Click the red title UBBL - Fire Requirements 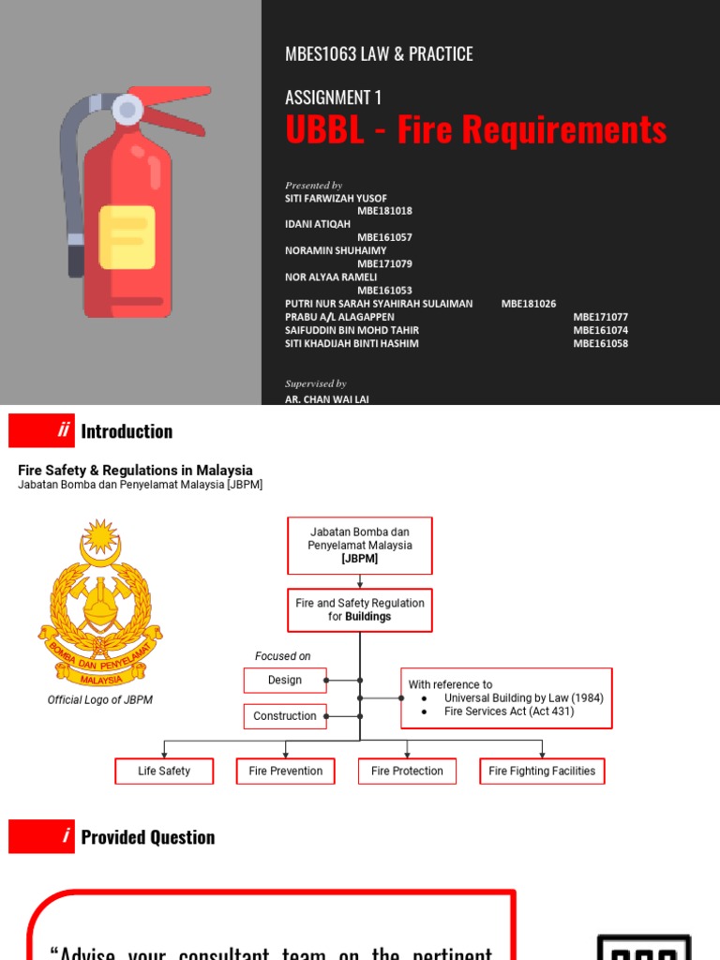click(475, 130)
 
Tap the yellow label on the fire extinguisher click(127, 237)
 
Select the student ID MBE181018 click(384, 211)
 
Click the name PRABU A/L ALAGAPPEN click(339, 317)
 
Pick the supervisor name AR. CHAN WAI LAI click(327, 398)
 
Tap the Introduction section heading click(127, 431)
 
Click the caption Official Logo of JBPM click(99, 699)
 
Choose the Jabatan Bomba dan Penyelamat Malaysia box click(360, 545)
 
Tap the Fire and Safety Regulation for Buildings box click(360, 610)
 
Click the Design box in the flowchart click(285, 681)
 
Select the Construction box click(285, 716)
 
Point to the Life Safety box click(164, 772)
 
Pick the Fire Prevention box click(285, 772)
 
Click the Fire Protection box click(407, 772)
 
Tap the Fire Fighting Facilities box click(542, 772)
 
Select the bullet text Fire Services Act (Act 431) click(509, 712)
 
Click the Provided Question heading click(147, 837)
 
